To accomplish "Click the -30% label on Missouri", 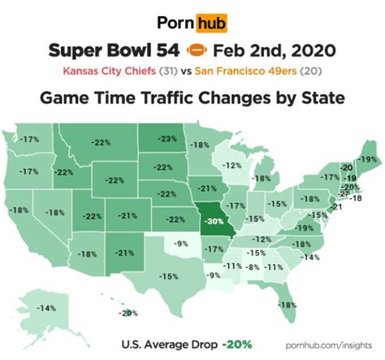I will (x=214, y=219).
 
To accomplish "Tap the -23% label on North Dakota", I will (x=168, y=139).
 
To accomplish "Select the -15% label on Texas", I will (x=169, y=276).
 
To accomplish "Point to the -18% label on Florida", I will (x=287, y=304).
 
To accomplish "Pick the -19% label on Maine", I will (x=367, y=159).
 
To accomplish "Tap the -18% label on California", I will (x=17, y=210).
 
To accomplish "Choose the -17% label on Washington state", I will (x=31, y=140).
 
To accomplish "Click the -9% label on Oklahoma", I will (x=182, y=243).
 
